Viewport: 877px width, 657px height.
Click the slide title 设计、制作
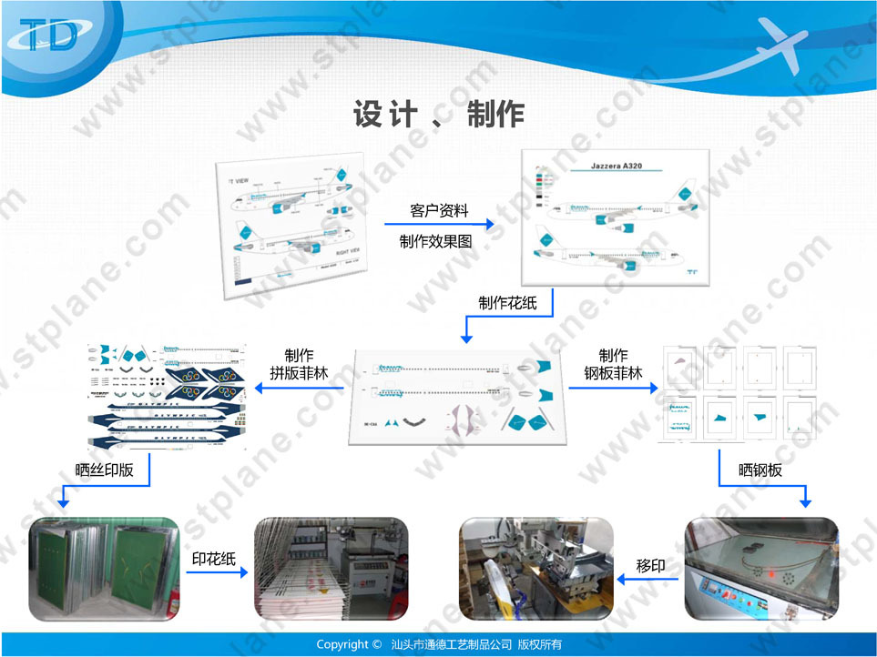pyautogui.click(x=438, y=115)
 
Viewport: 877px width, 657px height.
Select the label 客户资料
pyautogui.click(x=438, y=210)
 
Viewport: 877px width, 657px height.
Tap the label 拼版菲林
pyautogui.click(x=299, y=372)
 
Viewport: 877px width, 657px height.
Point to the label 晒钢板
pyautogui.click(x=760, y=470)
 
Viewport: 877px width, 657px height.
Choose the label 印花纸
pyautogui.click(x=214, y=558)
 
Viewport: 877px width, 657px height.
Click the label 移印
pyautogui.click(x=649, y=566)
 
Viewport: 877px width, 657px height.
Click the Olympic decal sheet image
pyautogui.click(x=168, y=398)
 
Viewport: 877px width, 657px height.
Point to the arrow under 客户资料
pyautogui.click(x=438, y=224)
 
